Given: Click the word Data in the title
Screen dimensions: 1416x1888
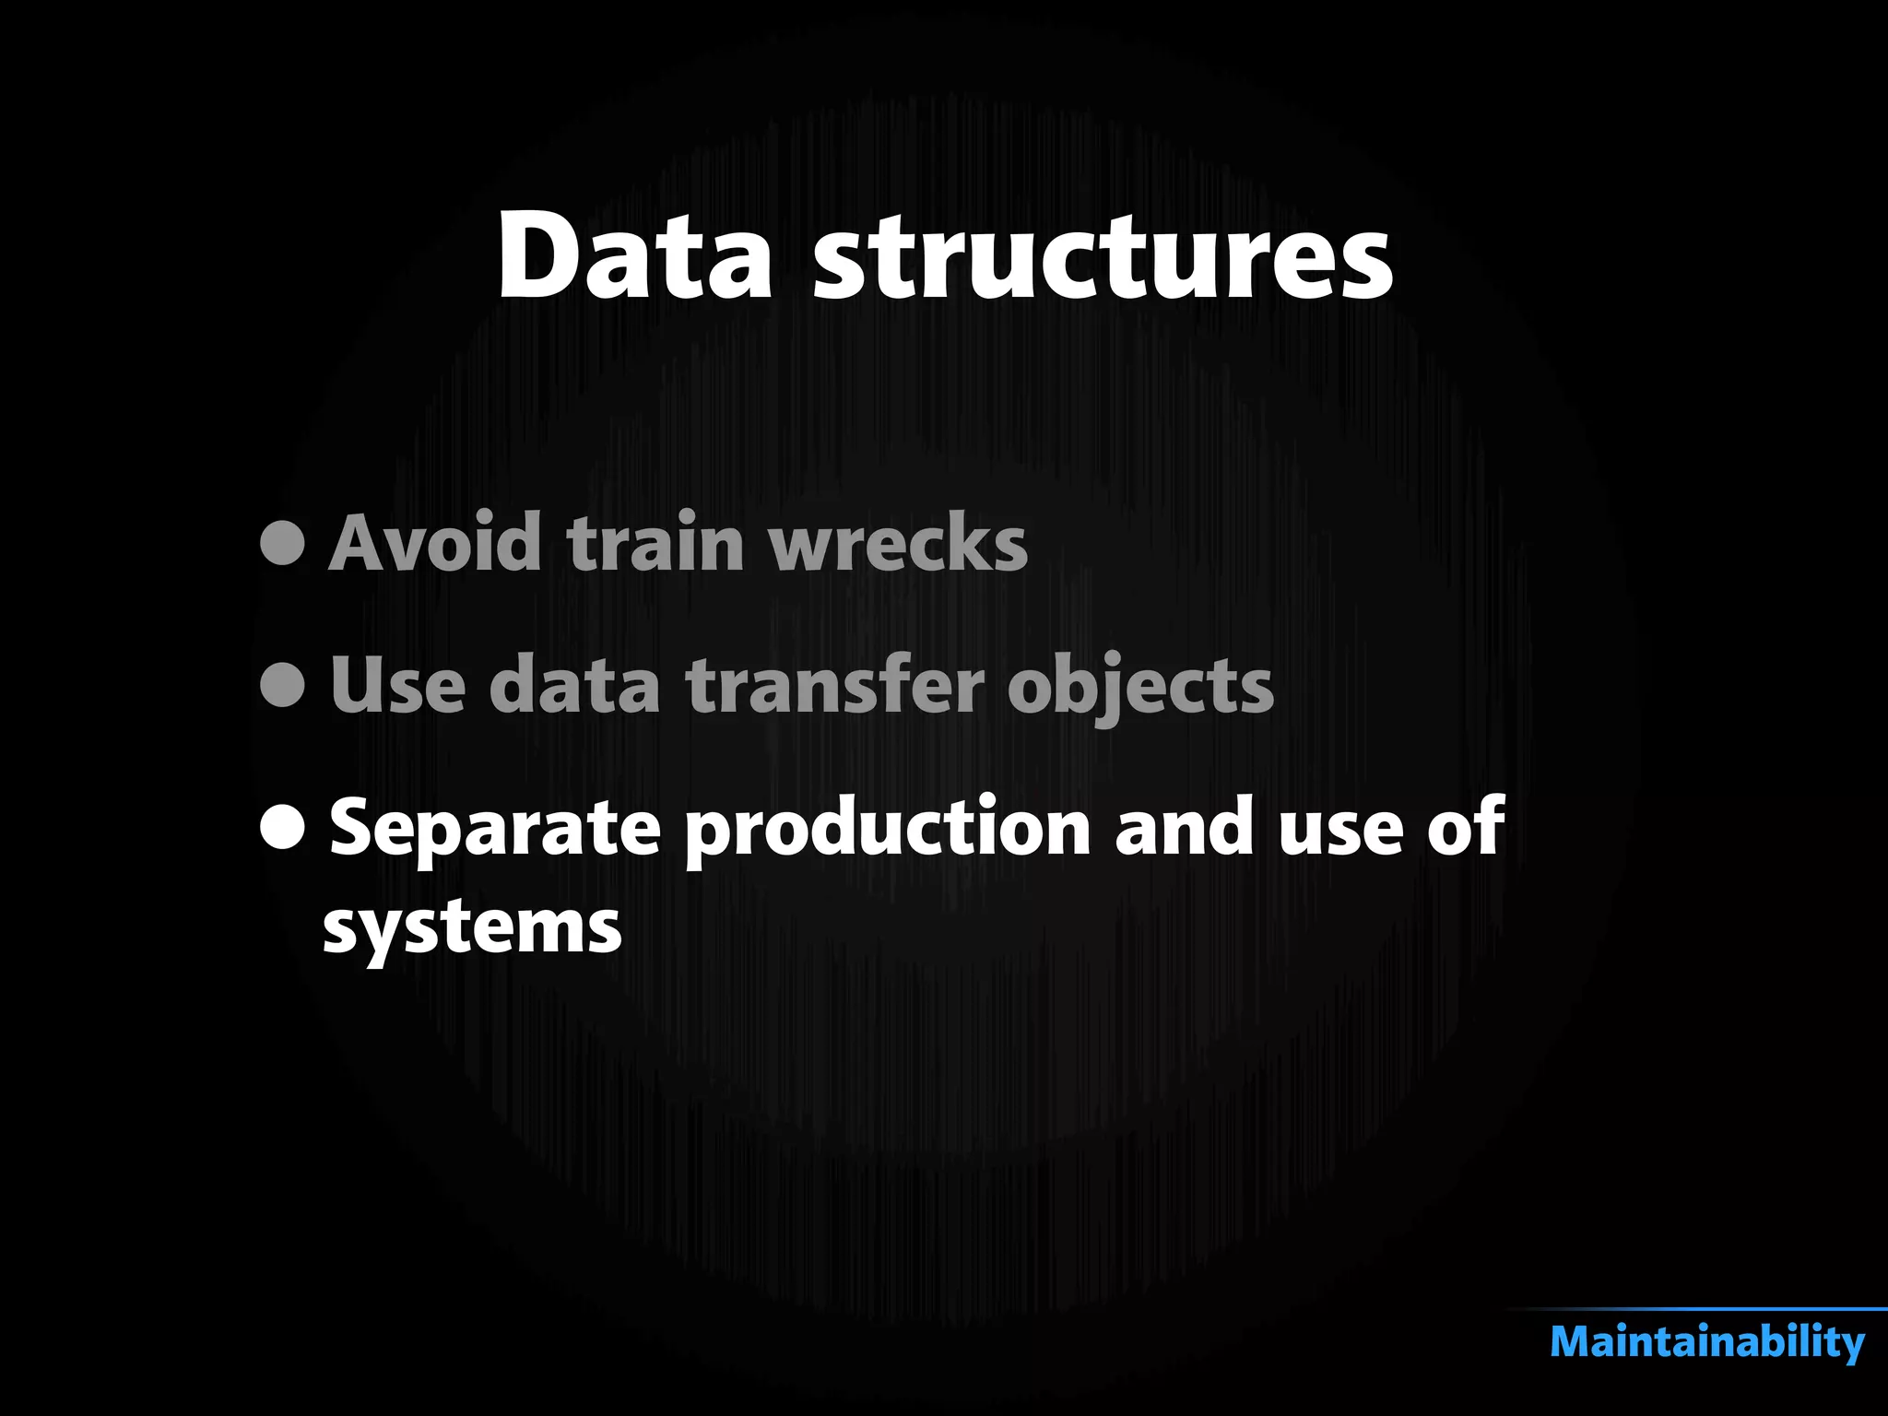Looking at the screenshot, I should pyautogui.click(x=634, y=256).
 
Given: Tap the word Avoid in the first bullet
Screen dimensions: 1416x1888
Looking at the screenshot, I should pyautogui.click(x=435, y=543).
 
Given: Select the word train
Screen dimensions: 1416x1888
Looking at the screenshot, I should pyautogui.click(x=655, y=543).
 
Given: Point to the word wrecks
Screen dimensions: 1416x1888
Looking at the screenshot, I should pyautogui.click(x=898, y=543).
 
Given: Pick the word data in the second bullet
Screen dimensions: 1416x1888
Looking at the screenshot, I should pyautogui.click(x=574, y=685).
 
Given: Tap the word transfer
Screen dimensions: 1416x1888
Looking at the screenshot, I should pyautogui.click(x=835, y=685).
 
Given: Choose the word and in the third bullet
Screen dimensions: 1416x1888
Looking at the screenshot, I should pyautogui.click(x=1184, y=827).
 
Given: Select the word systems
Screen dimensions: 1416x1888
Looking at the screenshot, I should pyautogui.click(x=472, y=928).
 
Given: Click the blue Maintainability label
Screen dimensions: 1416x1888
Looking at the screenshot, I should pyautogui.click(x=1707, y=1342).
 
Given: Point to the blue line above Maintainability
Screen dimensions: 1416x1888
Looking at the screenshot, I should pyautogui.click(x=1705, y=1309).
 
